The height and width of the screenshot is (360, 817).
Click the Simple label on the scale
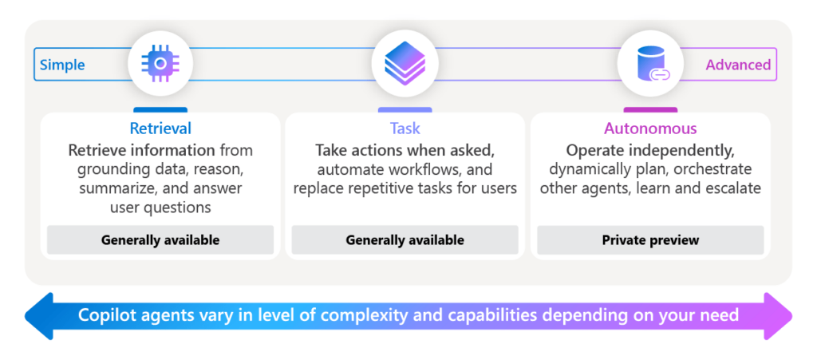pyautogui.click(x=63, y=65)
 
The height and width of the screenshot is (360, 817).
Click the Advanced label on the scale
pyautogui.click(x=738, y=65)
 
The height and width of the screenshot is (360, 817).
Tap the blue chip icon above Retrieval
pyautogui.click(x=160, y=63)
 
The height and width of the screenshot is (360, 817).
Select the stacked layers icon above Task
pyautogui.click(x=405, y=63)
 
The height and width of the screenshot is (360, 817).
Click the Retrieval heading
pyautogui.click(x=160, y=129)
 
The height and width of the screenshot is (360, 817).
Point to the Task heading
pyautogui.click(x=405, y=129)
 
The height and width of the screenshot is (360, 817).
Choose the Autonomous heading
pyautogui.click(x=649, y=129)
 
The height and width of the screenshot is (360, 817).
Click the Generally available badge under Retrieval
pyautogui.click(x=160, y=239)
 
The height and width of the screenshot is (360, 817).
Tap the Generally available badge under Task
pyautogui.click(x=405, y=239)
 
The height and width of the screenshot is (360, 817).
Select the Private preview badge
pyautogui.click(x=649, y=239)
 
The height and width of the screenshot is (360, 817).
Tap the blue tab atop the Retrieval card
pyautogui.click(x=160, y=110)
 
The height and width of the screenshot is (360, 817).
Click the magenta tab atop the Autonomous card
pyautogui.click(x=649, y=110)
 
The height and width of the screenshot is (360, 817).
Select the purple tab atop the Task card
pyautogui.click(x=405, y=110)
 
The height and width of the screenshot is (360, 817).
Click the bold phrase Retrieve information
pyautogui.click(x=141, y=150)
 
